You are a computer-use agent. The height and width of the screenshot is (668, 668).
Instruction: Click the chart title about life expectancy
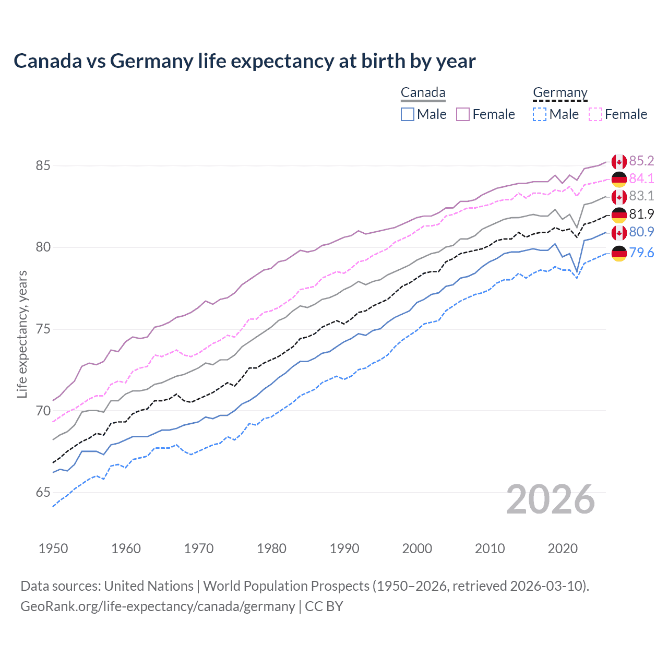[244, 61]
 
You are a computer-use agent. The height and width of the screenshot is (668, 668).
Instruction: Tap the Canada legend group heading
[423, 93]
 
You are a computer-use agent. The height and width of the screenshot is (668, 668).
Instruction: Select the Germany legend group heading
[560, 93]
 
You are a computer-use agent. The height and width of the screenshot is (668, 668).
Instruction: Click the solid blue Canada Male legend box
[408, 114]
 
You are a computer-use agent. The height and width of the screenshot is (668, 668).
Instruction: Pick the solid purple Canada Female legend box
[463, 114]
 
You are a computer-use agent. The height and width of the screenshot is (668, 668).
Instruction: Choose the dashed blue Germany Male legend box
[540, 114]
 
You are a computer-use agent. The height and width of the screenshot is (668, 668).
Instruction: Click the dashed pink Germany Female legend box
[595, 114]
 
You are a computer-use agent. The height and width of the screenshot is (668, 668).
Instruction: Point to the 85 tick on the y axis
[43, 166]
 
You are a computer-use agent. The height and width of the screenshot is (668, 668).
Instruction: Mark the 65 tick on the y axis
[43, 493]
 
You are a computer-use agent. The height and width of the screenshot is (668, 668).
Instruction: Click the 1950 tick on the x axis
[53, 548]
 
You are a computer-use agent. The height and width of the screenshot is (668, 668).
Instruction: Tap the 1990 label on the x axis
[344, 548]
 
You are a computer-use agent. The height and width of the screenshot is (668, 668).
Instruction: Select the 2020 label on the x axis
[563, 548]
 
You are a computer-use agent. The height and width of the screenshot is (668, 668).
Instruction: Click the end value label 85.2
[641, 161]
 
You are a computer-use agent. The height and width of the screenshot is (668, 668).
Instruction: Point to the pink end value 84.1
[641, 178]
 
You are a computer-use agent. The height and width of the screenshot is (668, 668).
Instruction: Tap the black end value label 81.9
[641, 214]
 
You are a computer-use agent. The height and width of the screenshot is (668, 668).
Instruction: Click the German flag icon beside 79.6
[619, 253]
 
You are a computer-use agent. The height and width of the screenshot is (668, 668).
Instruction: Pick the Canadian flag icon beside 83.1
[619, 197]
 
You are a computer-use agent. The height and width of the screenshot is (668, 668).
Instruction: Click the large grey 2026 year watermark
[550, 499]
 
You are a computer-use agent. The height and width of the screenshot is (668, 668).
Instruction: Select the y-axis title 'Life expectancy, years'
[22, 334]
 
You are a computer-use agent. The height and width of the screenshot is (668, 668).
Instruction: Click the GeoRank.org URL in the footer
[158, 606]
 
